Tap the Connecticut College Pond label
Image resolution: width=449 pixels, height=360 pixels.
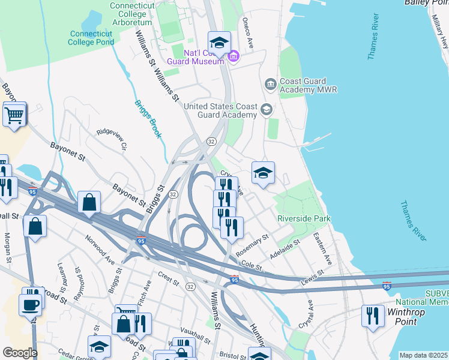click(91, 38)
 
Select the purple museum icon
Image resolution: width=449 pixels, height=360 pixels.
click(234, 57)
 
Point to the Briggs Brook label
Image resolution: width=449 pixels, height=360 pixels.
click(147, 119)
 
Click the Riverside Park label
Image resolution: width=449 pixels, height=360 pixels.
click(304, 219)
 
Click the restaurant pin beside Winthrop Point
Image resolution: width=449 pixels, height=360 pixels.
click(373, 316)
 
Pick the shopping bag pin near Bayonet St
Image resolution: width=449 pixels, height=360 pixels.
click(89, 202)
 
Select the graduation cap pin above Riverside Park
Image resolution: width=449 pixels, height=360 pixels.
click(263, 173)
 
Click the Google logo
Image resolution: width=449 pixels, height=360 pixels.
click(19, 353)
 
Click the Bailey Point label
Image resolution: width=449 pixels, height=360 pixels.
click(426, 3)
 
